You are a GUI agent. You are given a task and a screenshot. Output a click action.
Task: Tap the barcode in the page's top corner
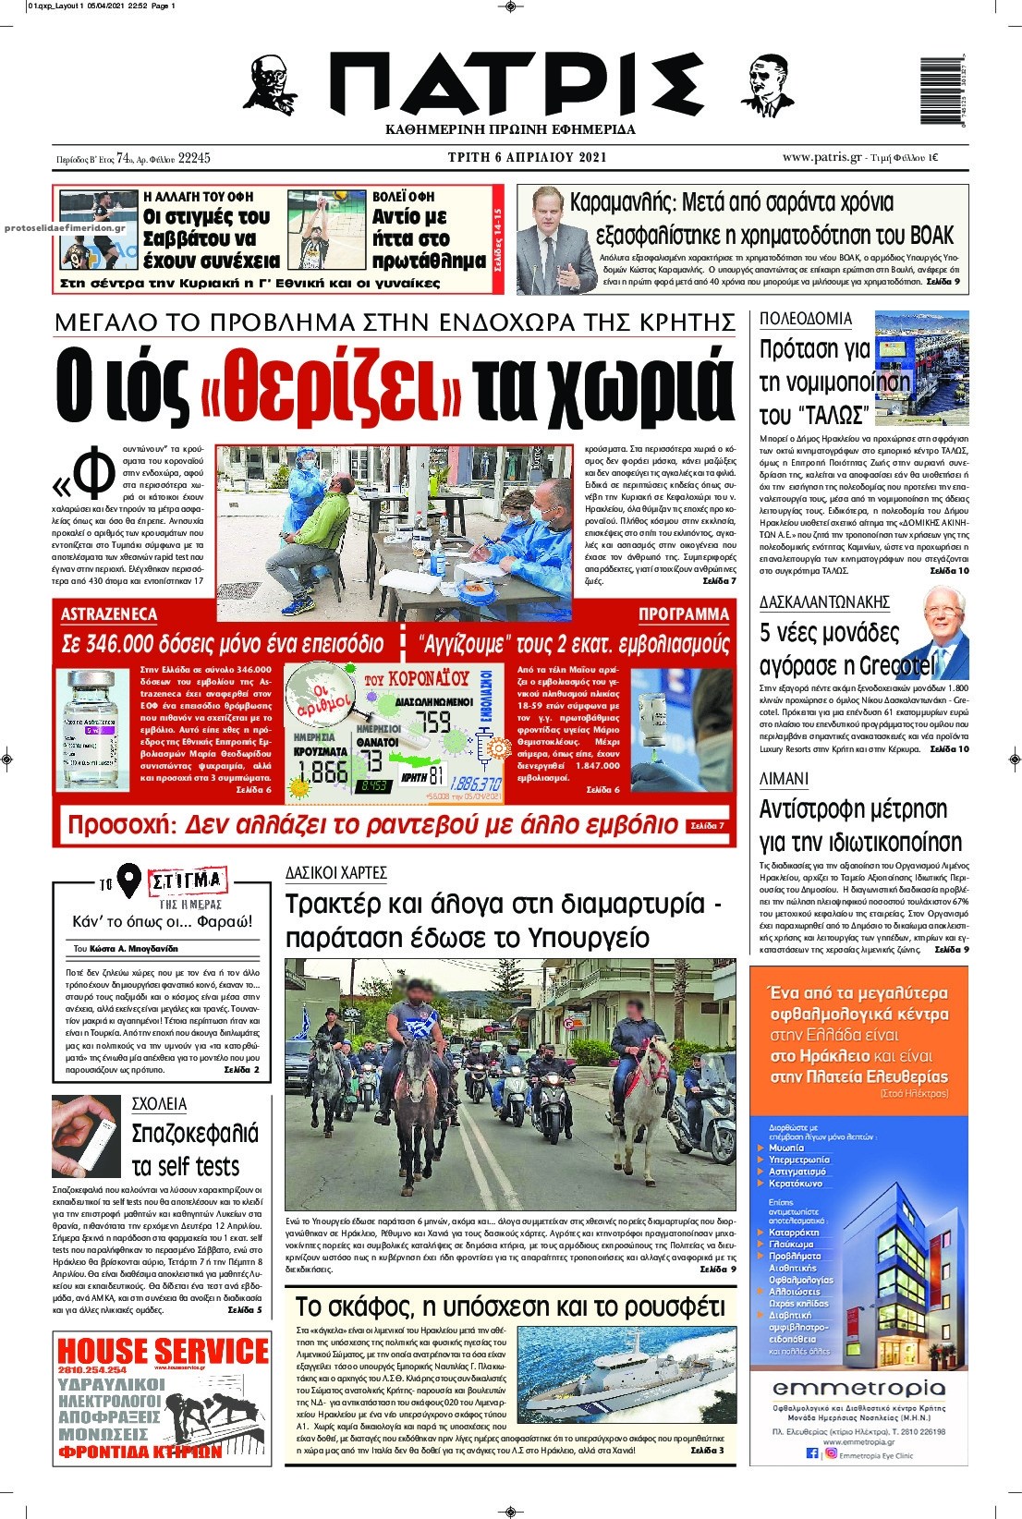click(942, 91)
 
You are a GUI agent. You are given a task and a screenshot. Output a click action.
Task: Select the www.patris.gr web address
click(821, 157)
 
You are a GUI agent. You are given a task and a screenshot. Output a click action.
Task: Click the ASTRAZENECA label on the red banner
click(109, 614)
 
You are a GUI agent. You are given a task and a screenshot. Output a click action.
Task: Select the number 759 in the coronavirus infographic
click(432, 722)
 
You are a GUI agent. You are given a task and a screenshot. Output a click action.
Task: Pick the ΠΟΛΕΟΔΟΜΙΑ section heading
click(805, 319)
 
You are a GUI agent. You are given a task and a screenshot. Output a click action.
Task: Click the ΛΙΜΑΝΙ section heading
click(784, 779)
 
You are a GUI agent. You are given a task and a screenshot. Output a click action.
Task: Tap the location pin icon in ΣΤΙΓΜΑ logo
click(129, 882)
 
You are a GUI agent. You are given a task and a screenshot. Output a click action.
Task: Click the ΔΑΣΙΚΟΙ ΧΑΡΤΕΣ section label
click(335, 872)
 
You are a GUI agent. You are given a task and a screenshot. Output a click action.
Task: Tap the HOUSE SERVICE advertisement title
click(162, 1351)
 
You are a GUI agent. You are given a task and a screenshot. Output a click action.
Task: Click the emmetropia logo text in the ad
click(858, 1389)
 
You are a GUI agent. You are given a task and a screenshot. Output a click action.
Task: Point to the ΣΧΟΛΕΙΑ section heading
click(159, 1104)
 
